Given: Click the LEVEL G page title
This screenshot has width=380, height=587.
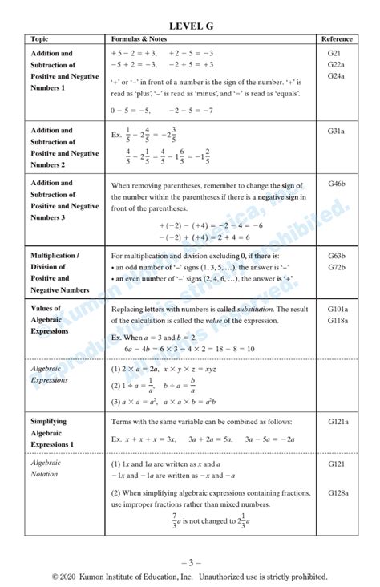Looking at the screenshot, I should [191, 26].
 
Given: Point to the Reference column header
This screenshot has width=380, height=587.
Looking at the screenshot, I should [337, 39].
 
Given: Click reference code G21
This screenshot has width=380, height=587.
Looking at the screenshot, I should [334, 53].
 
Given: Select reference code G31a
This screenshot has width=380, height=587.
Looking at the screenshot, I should [336, 130].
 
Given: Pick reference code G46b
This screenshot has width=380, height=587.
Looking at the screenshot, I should [337, 183].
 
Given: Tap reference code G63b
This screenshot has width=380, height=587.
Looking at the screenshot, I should [337, 256].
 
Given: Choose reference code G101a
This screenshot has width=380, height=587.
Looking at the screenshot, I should [338, 308].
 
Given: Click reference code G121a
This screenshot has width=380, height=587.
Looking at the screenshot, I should [338, 420].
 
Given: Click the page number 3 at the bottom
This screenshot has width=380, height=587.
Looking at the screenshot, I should [191, 561].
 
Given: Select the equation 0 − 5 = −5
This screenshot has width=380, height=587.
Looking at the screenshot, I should [133, 111].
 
